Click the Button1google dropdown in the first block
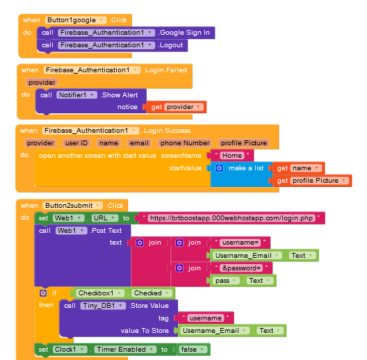(76, 20)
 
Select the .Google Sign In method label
(184, 33)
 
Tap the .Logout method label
(170, 45)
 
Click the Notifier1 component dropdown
(76, 95)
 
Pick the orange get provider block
(177, 107)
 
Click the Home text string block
(232, 156)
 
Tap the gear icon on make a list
(220, 168)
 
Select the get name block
(298, 168)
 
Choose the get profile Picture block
(312, 181)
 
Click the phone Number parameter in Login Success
(185, 143)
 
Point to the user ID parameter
(76, 143)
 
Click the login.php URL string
(231, 218)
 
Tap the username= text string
(240, 243)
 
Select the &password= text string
(241, 268)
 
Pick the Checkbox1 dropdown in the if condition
(100, 293)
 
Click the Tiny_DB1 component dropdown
(103, 306)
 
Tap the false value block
(193, 350)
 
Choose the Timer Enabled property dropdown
(125, 350)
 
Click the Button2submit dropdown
(72, 206)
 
